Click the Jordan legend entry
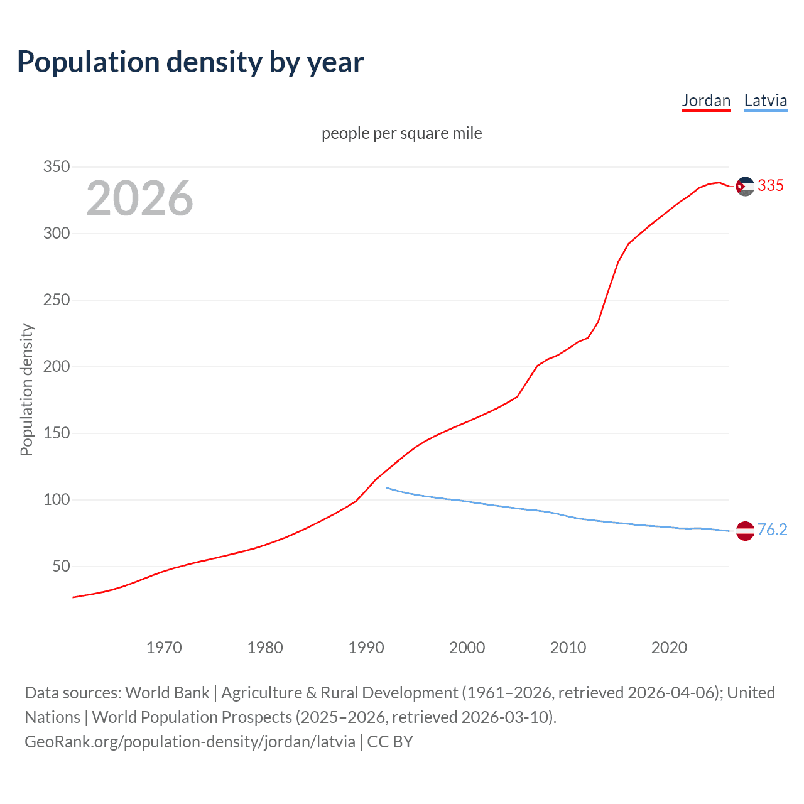click(706, 101)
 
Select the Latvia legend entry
click(765, 101)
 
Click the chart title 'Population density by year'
click(190, 62)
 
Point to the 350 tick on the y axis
click(56, 167)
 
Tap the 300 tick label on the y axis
click(56, 234)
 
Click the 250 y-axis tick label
click(56, 300)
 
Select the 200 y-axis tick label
click(56, 367)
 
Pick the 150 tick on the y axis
click(56, 433)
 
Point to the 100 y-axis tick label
click(56, 500)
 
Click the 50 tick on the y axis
click(61, 567)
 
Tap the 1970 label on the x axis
click(164, 648)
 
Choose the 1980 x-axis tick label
click(265, 648)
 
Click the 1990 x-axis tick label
click(366, 648)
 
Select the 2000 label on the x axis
click(467, 648)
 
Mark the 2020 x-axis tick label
click(669, 648)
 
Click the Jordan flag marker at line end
click(745, 186)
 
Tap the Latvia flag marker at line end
click(745, 531)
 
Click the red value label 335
click(771, 185)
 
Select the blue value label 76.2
click(772, 530)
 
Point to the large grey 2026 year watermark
click(139, 198)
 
